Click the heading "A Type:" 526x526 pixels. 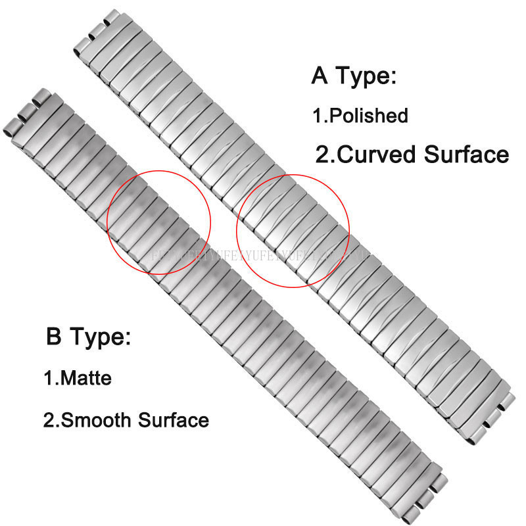(354, 76)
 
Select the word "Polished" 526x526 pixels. (368, 116)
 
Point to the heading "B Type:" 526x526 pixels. (89, 339)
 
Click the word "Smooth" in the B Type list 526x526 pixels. (101, 419)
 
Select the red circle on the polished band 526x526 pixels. (293, 230)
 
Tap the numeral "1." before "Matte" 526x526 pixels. (51, 379)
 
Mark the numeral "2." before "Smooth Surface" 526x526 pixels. (51, 419)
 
